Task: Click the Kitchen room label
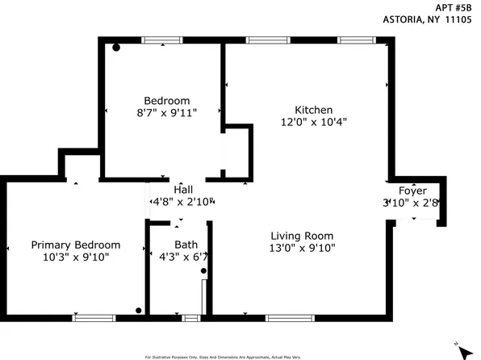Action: coord(313,110)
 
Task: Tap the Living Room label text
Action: coord(302,235)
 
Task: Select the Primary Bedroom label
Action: coord(76,245)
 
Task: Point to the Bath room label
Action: coord(186,245)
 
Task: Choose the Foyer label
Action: coord(413,190)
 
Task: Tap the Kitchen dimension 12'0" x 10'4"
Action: coord(314,122)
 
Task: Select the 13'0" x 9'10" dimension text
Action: coord(302,248)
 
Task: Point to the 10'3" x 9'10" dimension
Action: coord(76,257)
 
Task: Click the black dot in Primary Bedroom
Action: coord(139,310)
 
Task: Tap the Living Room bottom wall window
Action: coord(289,317)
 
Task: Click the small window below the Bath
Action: coord(190,317)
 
